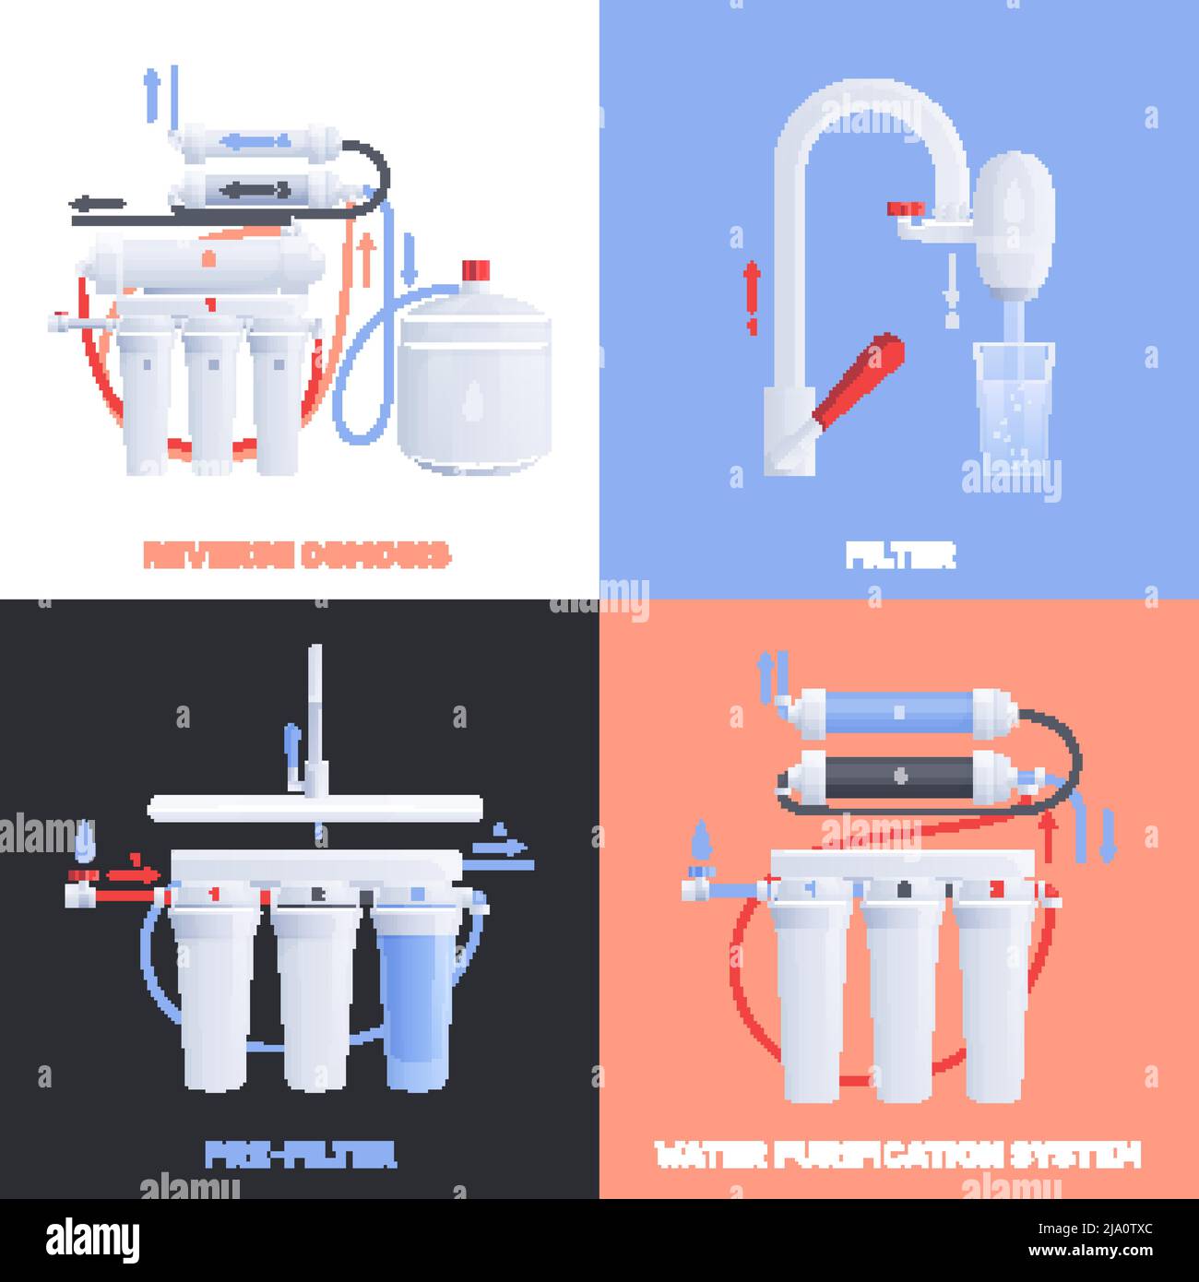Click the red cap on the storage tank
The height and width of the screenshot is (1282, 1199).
[474, 270]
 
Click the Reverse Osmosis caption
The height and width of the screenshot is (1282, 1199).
[297, 555]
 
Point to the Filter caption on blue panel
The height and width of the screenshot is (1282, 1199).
[900, 555]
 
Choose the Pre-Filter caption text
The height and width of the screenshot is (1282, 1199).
[300, 1154]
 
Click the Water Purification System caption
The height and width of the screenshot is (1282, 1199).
[897, 1154]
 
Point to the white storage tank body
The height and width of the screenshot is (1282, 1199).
[474, 387]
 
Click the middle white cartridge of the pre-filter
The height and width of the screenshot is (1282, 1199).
[315, 996]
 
